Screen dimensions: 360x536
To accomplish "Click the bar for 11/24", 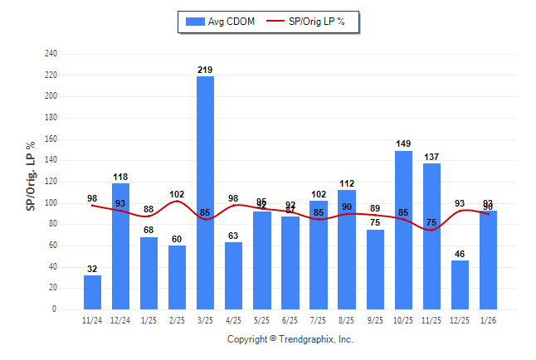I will pyautogui.click(x=92, y=292).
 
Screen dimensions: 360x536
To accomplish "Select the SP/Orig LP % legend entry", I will pyautogui.click(x=311, y=22).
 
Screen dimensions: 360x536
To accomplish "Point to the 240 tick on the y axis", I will pyautogui.click(x=51, y=54).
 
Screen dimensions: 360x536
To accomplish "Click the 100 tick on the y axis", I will pyautogui.click(x=51, y=203).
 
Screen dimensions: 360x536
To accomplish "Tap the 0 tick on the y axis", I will pyautogui.click(x=54, y=309).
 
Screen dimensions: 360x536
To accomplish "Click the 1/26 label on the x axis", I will pyautogui.click(x=488, y=319).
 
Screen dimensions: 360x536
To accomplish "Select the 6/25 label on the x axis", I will pyautogui.click(x=290, y=319).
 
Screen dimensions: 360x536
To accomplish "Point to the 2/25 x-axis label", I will pyautogui.click(x=177, y=319).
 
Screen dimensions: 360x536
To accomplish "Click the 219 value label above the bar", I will pyautogui.click(x=205, y=70).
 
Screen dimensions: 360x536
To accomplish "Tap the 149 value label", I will pyautogui.click(x=403, y=144).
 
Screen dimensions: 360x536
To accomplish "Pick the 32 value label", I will pyautogui.click(x=92, y=269).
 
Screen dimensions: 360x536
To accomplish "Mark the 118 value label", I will pyautogui.click(x=120, y=177).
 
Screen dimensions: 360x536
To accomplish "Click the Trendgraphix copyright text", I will pyautogui.click(x=290, y=339).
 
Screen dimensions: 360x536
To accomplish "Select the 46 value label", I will pyautogui.click(x=460, y=254).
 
